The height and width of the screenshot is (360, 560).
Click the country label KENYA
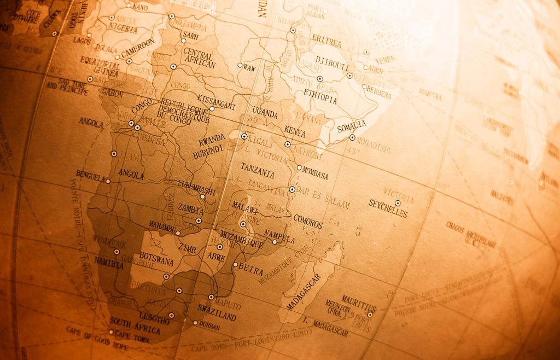(295, 131)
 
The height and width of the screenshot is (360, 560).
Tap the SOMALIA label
(352, 127)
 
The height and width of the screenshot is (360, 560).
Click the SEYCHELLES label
(388, 208)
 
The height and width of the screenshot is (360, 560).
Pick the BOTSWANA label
(156, 259)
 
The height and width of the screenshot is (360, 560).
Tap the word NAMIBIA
(109, 262)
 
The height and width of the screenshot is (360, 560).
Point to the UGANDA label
(265, 114)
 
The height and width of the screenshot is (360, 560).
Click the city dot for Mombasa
(299, 168)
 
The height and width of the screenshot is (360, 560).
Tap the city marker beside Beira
(236, 265)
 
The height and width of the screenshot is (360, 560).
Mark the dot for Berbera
(364, 86)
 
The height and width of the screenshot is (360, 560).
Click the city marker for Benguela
(108, 181)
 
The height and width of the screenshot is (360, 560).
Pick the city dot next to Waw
(240, 65)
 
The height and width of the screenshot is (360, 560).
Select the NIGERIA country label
(122, 27)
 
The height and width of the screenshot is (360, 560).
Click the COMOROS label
(308, 222)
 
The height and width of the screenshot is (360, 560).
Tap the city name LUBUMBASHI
(196, 188)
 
